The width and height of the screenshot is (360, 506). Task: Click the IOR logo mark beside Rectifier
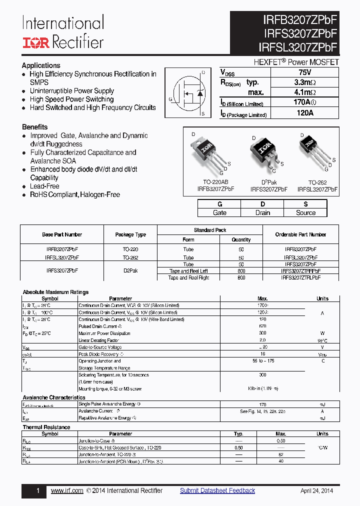coord(35,42)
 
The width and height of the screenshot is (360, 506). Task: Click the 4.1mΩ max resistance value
coord(304,92)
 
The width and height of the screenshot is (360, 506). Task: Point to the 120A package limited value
coord(304,113)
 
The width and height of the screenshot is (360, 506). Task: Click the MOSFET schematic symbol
coord(191,93)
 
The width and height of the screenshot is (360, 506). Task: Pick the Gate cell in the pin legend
coord(219,212)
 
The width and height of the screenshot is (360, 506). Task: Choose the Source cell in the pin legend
coord(305,212)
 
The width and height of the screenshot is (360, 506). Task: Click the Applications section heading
coord(41,65)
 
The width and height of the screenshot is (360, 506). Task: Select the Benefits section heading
coord(35,127)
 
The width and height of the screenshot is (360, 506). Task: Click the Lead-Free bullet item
coord(44,186)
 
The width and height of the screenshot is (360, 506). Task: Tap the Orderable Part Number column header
coord(300,234)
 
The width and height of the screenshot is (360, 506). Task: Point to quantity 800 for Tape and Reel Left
coord(241,271)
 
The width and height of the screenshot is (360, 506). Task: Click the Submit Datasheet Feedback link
coord(217,490)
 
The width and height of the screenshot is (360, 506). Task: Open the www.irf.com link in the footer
coord(67,490)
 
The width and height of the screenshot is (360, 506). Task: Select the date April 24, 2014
coord(316,490)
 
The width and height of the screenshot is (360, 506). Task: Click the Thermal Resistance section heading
coord(46,427)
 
